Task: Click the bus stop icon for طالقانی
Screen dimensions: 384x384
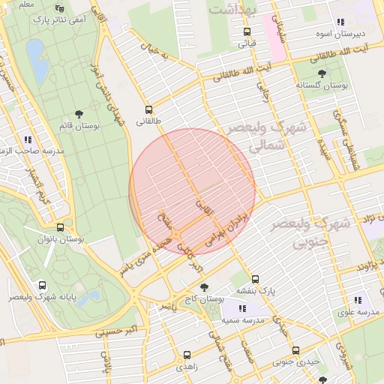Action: tap(148, 108)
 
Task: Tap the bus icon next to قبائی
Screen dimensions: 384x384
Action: tap(247, 31)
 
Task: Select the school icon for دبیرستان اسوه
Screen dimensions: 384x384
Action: tap(341, 22)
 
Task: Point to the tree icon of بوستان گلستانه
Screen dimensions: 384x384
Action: tap(322, 73)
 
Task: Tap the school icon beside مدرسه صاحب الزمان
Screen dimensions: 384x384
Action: tap(28, 139)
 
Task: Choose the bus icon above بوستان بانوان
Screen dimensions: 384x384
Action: tap(60, 227)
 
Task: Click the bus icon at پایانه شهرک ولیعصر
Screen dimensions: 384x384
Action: tap(41, 285)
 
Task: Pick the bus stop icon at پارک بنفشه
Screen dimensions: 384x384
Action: tap(255, 279)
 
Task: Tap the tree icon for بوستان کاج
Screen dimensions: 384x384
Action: tap(204, 287)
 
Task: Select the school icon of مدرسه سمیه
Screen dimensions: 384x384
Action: tap(242, 308)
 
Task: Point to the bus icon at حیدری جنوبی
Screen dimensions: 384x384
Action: tap(295, 349)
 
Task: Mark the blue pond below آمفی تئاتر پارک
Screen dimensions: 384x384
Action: tap(34, 55)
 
